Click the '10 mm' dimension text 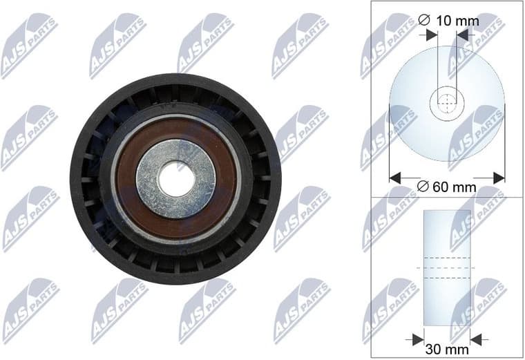coord(459,21)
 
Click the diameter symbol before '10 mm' coord(427,21)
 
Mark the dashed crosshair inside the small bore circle coord(448,104)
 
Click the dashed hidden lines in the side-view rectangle coord(448,268)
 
